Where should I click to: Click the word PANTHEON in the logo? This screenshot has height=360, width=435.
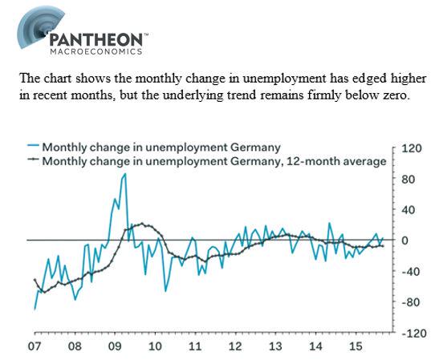click(96, 39)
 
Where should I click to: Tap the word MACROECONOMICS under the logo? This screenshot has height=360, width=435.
click(96, 51)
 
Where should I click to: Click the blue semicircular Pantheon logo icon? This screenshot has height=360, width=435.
click(39, 27)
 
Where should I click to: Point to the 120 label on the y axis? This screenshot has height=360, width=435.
click(412, 148)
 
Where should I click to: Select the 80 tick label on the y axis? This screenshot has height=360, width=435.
click(408, 180)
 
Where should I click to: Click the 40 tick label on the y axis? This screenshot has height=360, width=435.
click(408, 210)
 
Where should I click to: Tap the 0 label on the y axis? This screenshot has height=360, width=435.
click(405, 241)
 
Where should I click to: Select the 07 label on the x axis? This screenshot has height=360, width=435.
click(35, 346)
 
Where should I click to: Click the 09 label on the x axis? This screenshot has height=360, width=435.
click(115, 346)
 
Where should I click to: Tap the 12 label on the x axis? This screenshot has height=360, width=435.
click(235, 346)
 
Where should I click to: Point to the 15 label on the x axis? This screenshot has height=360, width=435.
click(356, 346)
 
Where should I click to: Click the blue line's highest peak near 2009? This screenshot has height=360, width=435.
click(125, 174)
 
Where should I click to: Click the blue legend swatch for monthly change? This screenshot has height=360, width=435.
click(33, 145)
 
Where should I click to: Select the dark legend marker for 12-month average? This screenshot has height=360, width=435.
click(33, 159)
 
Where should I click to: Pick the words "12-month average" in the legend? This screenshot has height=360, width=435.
click(336, 161)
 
